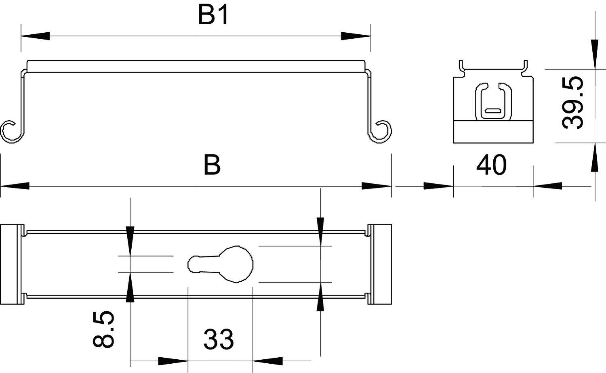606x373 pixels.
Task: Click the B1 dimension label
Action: pyautogui.click(x=213, y=16)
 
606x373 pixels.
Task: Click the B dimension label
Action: pyautogui.click(x=212, y=166)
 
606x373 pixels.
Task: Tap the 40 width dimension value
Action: pyautogui.click(x=491, y=166)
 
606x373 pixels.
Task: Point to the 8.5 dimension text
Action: pyautogui.click(x=104, y=329)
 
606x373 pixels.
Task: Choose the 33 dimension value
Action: pyautogui.click(x=219, y=339)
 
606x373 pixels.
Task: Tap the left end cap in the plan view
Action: pyautogui.click(x=10, y=264)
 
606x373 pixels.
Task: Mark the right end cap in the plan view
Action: pyautogui.click(x=381, y=264)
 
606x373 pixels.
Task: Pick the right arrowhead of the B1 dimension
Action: pyautogui.click(x=356, y=36)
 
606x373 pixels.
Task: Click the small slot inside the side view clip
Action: pyautogui.click(x=492, y=110)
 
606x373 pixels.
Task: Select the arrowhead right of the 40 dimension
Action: pyautogui.click(x=547, y=186)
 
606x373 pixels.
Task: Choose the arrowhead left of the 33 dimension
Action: pyautogui.click(x=173, y=360)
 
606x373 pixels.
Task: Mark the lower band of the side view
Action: pyautogui.click(x=493, y=132)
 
